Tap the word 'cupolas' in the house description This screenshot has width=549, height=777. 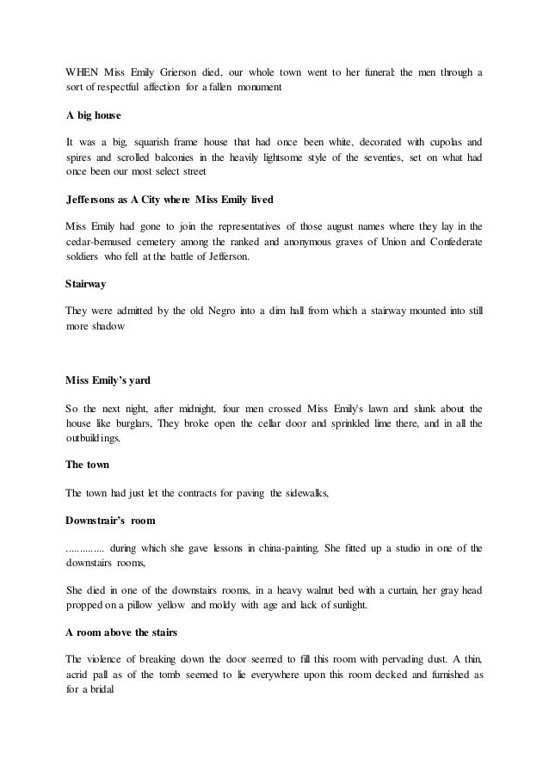pos(434,141)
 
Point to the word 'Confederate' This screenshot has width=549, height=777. pos(451,242)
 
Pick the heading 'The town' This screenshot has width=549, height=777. pos(88,466)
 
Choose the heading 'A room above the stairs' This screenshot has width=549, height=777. pos(121,632)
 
